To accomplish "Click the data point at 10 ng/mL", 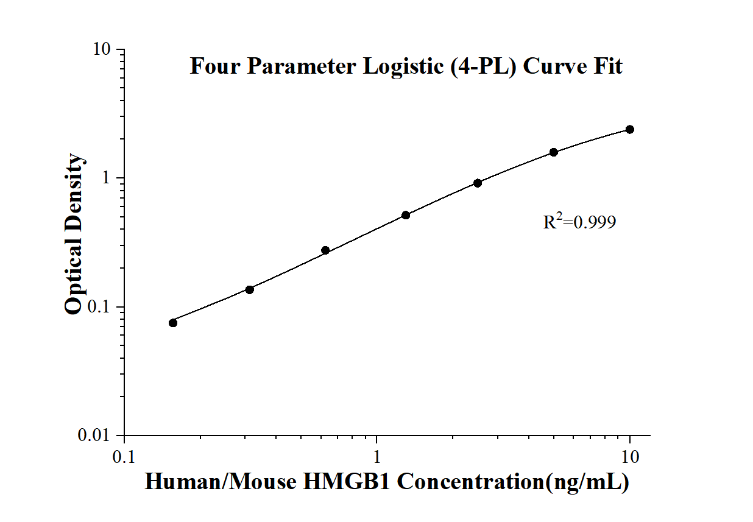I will tap(629, 129).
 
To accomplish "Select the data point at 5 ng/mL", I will tap(553, 152).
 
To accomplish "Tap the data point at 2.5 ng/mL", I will tap(478, 183).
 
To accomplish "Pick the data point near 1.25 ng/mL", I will tap(406, 215).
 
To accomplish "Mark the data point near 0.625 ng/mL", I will tap(325, 250).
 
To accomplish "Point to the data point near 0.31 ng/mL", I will tap(249, 289).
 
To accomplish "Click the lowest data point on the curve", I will tap(173, 323).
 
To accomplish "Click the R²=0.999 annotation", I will tap(579, 222).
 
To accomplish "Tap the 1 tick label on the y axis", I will tap(108, 178).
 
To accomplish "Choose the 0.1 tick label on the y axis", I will tap(101, 307).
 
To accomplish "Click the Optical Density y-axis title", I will tap(74, 235).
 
